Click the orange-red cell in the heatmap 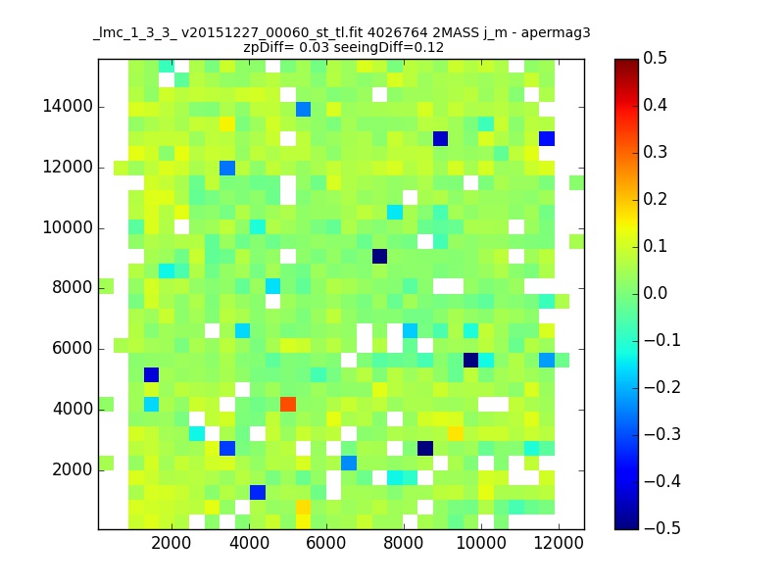288,404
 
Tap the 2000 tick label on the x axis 171,546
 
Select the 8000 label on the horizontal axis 404,546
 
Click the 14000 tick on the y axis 68,106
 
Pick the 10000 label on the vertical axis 68,228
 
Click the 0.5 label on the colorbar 656,59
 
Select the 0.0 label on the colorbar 656,293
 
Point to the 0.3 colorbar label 656,152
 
